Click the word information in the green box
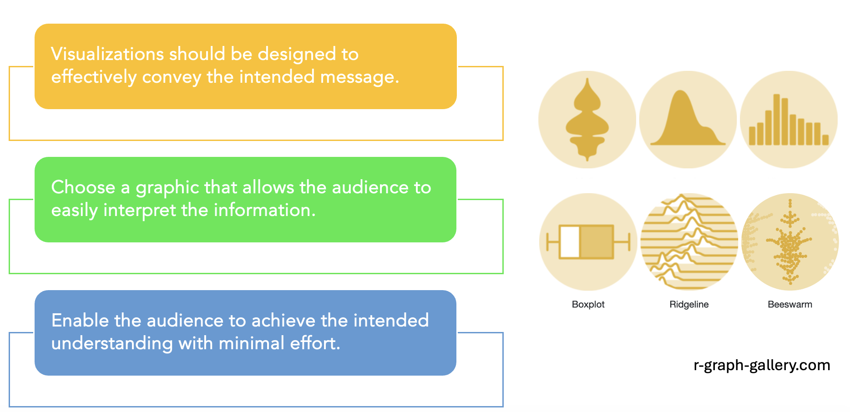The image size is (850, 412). coord(264,210)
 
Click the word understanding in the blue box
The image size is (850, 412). coord(112,344)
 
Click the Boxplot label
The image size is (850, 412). coord(588,304)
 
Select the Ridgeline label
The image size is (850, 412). coord(689,304)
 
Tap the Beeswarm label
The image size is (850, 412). coord(789,304)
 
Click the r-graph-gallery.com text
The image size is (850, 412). coord(762,365)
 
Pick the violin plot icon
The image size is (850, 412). coord(587,120)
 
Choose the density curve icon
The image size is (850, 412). coord(688,120)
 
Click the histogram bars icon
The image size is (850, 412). coord(789,120)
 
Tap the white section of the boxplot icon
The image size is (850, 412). coord(569,242)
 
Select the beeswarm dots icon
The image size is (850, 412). coord(790,242)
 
